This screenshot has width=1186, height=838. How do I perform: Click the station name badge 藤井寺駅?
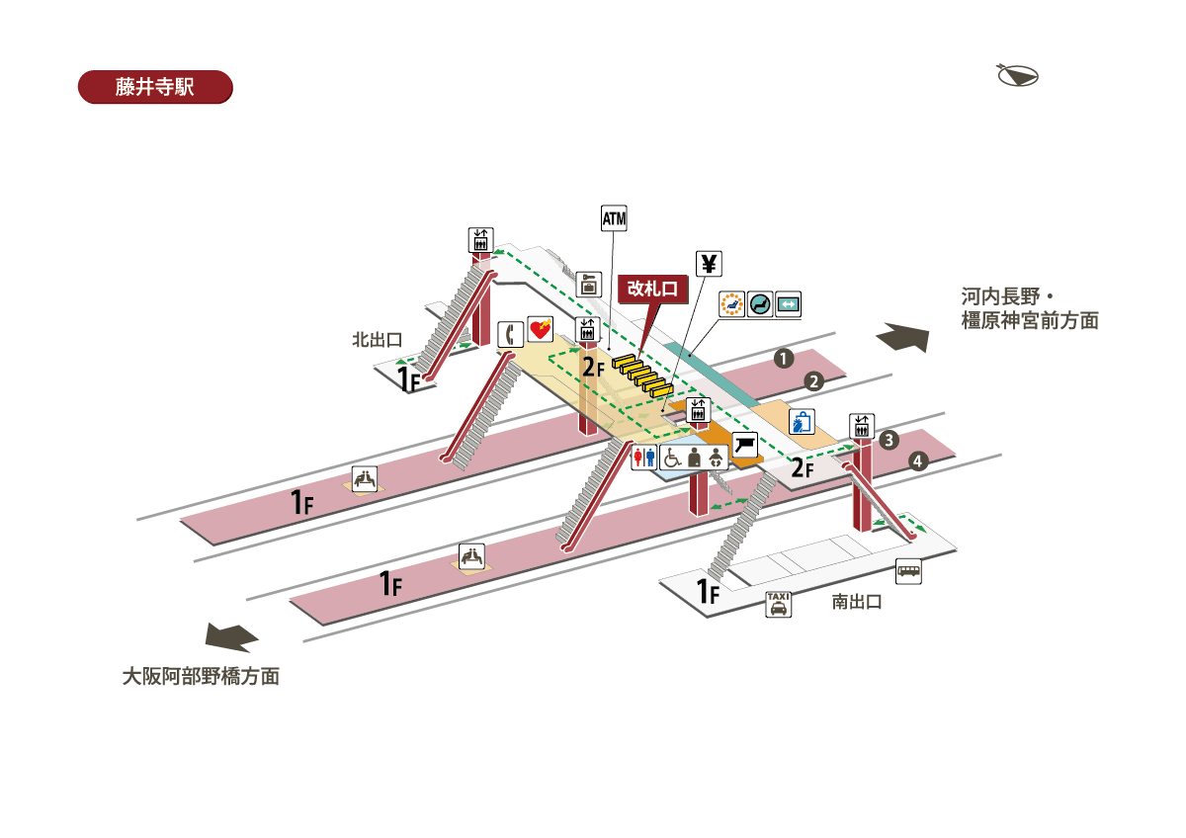154,87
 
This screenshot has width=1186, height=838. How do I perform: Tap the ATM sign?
615,218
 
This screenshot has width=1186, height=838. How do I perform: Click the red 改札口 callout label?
652,289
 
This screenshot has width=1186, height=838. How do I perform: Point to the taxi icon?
779,604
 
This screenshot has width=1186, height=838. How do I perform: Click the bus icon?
908,571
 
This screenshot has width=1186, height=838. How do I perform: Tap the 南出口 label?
856,601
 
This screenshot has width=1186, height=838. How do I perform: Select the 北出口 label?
378,340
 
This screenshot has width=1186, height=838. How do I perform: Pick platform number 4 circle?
918,461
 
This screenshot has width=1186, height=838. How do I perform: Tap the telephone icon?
510,334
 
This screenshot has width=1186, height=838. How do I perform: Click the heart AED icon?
540,329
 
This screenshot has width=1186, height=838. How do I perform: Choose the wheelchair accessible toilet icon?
672,457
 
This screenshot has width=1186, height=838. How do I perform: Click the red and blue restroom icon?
644,457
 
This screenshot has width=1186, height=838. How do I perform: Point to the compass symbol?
1017,75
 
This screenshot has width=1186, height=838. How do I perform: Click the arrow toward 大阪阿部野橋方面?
232,637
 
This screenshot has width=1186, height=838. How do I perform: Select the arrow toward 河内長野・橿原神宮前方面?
903,337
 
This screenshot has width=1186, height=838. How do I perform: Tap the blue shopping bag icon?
802,422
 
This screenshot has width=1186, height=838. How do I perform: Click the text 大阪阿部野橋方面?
201,677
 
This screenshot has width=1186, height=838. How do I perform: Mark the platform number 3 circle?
889,440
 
